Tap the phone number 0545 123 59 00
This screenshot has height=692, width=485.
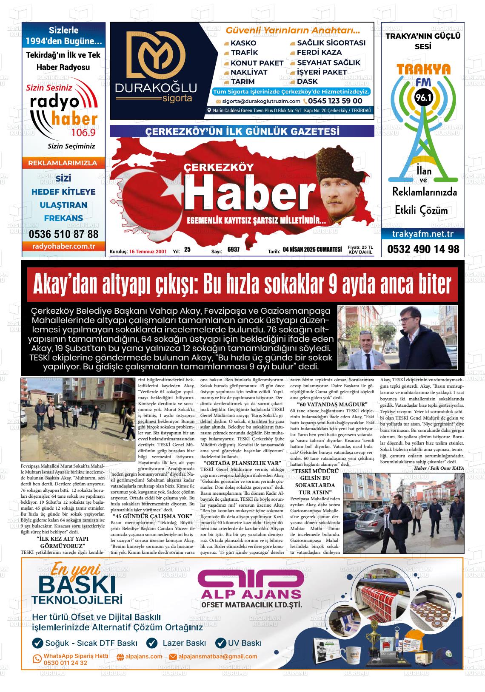tap(335, 101)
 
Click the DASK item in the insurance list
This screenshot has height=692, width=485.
tap(307, 82)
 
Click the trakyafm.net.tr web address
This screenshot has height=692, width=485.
tap(422, 234)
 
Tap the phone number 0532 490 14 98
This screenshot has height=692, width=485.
tap(423, 249)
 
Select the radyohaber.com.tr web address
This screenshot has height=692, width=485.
tap(63, 246)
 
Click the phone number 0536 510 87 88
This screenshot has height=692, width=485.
tap(63, 234)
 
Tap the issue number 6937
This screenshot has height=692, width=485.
tap(234, 250)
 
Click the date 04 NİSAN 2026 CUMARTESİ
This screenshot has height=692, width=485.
tap(312, 250)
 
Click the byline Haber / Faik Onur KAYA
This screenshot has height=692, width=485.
tap(439, 468)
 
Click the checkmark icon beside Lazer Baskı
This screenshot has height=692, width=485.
tap(152, 643)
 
